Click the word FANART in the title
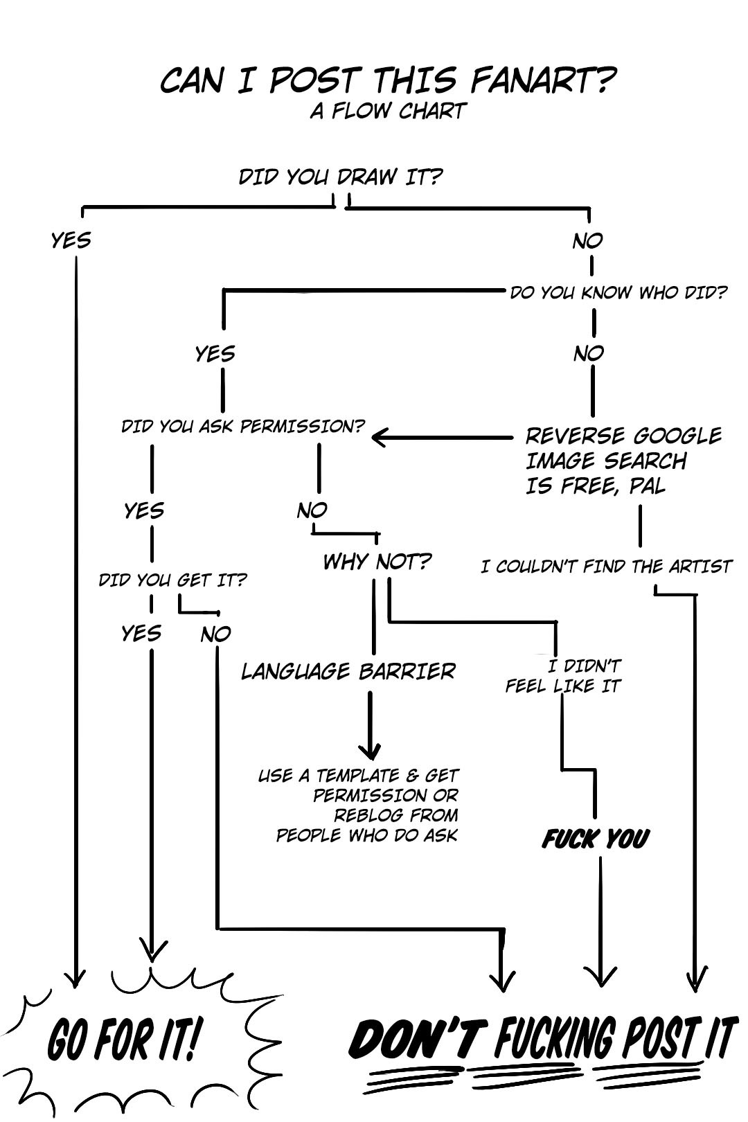(543, 81)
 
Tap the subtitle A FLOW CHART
(388, 111)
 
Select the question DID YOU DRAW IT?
(340, 177)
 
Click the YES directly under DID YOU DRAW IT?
(71, 240)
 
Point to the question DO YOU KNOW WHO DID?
(618, 292)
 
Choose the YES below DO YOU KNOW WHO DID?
(215, 354)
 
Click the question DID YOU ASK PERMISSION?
(242, 426)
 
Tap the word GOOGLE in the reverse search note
(677, 436)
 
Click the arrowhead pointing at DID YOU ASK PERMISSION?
(380, 437)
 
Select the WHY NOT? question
(377, 561)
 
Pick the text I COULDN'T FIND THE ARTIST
(606, 567)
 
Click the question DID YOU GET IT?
(172, 580)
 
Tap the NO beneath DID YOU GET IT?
(215, 634)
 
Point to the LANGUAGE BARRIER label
(348, 671)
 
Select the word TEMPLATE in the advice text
(357, 776)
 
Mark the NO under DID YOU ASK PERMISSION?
(312, 510)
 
